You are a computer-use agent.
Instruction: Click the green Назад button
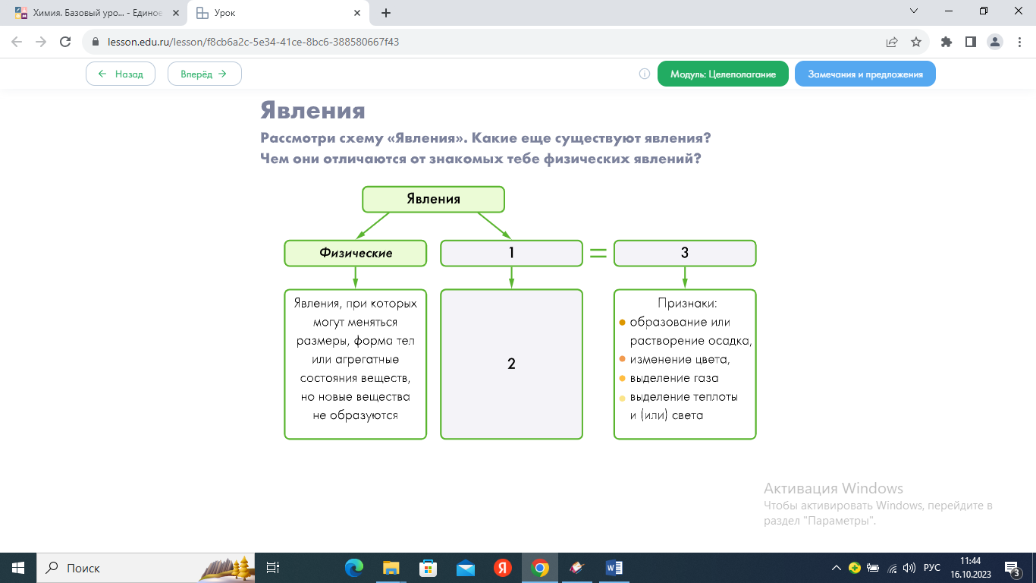[x=121, y=74]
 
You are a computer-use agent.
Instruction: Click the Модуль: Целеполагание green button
[x=723, y=74]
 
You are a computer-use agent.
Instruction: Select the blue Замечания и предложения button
[x=865, y=74]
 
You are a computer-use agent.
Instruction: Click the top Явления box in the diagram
[x=433, y=199]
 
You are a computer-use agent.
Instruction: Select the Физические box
[x=355, y=254]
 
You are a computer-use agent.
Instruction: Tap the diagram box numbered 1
[x=511, y=254]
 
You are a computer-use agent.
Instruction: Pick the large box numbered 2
[x=511, y=364]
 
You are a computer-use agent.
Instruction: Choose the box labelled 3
[x=685, y=254]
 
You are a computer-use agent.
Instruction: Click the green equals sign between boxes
[x=598, y=253]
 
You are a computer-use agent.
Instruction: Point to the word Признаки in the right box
[x=687, y=304]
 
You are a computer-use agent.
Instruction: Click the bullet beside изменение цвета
[x=622, y=359]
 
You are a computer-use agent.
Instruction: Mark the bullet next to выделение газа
[x=622, y=378]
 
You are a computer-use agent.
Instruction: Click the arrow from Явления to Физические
[x=373, y=225]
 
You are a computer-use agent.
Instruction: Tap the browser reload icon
[x=65, y=42]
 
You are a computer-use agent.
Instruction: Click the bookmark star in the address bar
[x=915, y=43]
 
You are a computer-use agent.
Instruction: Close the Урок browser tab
[x=357, y=13]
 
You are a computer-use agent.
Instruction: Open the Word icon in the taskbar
[x=614, y=568]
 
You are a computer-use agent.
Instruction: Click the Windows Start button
[x=18, y=568]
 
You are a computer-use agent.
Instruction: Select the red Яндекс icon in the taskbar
[x=502, y=568]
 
